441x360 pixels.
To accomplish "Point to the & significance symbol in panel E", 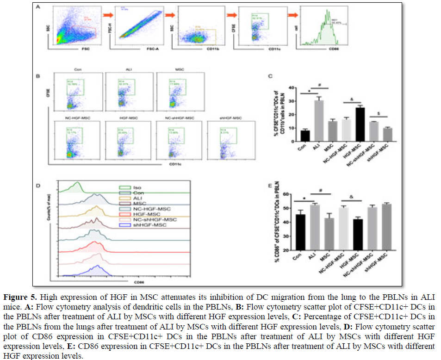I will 352,198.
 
